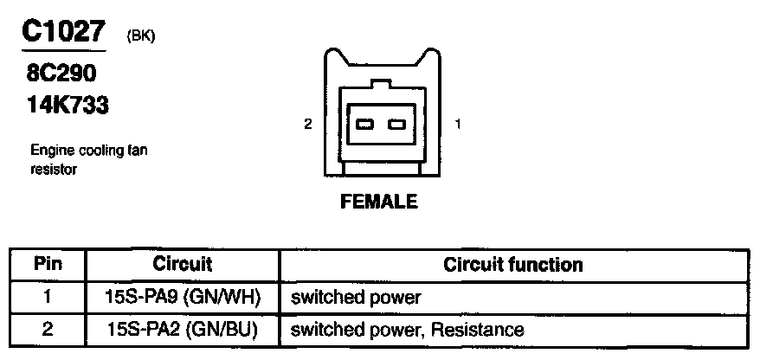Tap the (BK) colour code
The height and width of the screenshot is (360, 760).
click(140, 35)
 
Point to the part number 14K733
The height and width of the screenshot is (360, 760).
click(68, 106)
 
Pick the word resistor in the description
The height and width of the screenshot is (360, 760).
click(54, 170)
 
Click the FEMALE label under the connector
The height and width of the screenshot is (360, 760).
click(379, 202)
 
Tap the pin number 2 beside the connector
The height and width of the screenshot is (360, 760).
click(308, 125)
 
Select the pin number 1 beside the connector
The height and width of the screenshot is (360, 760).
click(457, 125)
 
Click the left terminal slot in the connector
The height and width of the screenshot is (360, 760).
click(364, 125)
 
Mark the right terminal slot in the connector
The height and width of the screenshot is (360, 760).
click(397, 125)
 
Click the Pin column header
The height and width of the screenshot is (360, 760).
click(48, 264)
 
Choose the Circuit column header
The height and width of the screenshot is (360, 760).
click(182, 264)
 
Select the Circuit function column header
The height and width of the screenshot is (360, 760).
click(512, 264)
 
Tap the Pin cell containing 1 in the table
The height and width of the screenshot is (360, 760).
click(48, 297)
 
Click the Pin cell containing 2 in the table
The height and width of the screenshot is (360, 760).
click(48, 329)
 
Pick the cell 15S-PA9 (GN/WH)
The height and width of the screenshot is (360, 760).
click(182, 298)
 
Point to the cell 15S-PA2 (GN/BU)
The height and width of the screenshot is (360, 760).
click(182, 330)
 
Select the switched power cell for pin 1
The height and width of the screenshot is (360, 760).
click(356, 298)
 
